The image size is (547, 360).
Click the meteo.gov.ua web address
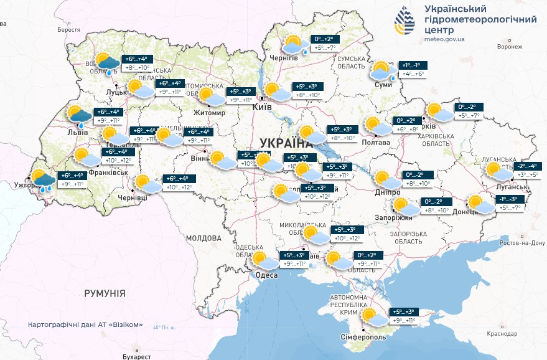point(444,39)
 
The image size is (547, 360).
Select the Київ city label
point(261,108)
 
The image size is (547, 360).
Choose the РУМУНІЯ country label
point(105,293)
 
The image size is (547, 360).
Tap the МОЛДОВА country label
point(203,238)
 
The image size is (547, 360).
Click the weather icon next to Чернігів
point(293,44)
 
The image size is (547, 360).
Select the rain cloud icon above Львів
point(80,116)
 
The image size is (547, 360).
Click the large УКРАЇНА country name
point(283,143)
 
